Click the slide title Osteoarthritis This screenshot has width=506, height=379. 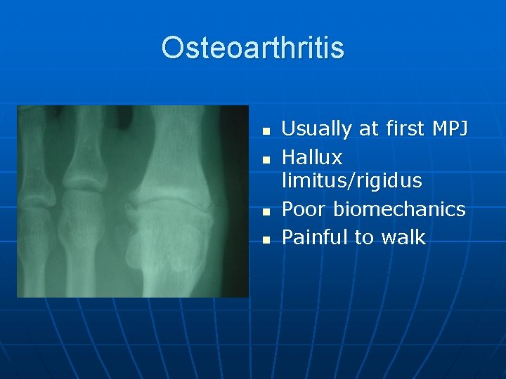pyautogui.click(x=252, y=48)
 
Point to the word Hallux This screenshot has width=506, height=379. pyautogui.click(x=311, y=157)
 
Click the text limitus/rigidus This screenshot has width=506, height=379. pyautogui.click(x=351, y=181)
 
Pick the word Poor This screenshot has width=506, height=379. pyautogui.click(x=304, y=209)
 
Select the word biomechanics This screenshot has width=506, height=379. pyautogui.click(x=399, y=209)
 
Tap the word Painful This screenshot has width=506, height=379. pyautogui.click(x=314, y=237)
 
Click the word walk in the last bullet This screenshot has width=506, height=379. pyautogui.click(x=403, y=237)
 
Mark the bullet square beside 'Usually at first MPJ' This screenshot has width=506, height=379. pyautogui.click(x=265, y=131)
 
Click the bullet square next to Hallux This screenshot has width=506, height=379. pyautogui.click(x=265, y=159)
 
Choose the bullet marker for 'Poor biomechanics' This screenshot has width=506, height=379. pyautogui.click(x=265, y=211)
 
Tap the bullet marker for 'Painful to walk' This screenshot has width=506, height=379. pyautogui.click(x=265, y=239)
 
